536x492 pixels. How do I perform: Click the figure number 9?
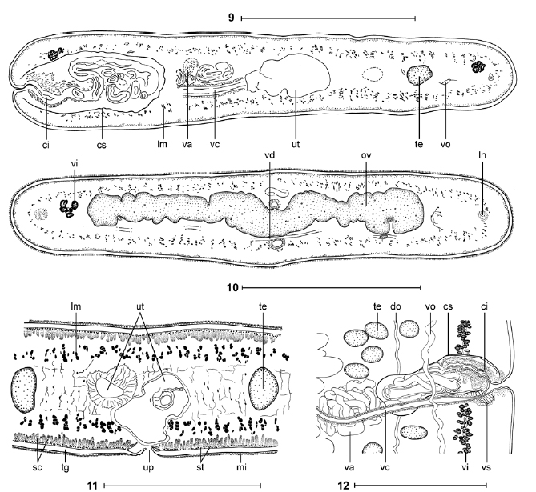point(232,18)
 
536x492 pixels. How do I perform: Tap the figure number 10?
point(232,288)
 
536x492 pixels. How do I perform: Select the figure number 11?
point(93,486)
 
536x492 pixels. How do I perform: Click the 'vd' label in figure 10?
point(269,156)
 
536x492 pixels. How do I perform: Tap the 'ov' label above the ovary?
point(366,156)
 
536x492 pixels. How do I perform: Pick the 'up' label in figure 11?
point(148,467)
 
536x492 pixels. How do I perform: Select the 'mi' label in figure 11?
point(242,466)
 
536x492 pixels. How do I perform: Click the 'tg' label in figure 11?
point(65,467)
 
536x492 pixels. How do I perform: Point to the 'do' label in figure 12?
point(396,306)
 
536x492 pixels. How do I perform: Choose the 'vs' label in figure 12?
point(486,467)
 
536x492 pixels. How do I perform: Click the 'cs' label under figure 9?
point(102,145)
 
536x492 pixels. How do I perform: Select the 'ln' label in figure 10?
point(482,156)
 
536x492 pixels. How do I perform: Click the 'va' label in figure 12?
point(349,467)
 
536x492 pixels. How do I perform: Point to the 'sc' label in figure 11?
point(38,467)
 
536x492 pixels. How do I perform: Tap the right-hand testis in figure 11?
point(264,389)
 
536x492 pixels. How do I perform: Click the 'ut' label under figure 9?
point(296,144)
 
